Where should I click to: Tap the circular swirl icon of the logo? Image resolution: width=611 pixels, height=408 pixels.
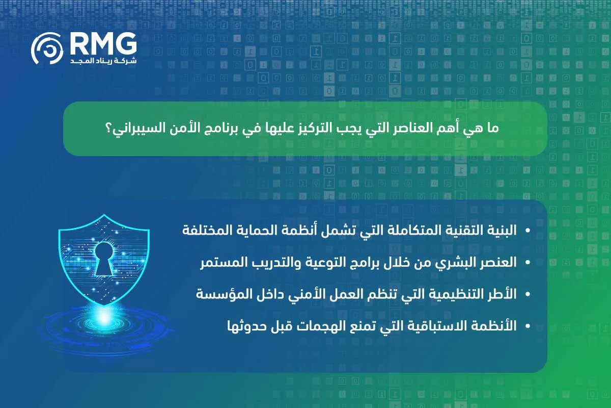coord(47,50)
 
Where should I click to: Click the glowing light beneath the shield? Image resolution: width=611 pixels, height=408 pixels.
coord(104,317)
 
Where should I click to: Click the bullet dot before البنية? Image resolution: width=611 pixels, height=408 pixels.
coord(527,231)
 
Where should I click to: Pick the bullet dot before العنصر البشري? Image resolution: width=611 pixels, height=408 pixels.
coord(527,263)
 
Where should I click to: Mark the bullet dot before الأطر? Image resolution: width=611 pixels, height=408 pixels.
coord(527,294)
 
